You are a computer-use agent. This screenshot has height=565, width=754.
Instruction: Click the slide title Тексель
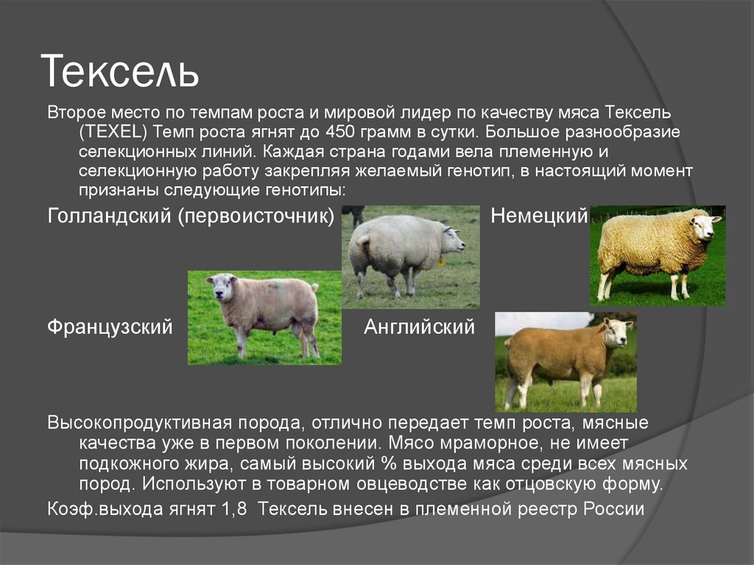tap(120, 71)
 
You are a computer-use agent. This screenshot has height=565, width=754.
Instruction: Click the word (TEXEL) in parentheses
tap(113, 132)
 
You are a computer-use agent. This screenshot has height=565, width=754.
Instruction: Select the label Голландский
tap(109, 216)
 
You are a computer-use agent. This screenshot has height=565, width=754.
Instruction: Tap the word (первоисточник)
tap(256, 216)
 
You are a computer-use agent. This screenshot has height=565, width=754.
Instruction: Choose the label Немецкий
tap(539, 216)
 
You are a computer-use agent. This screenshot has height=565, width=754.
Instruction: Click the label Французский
tap(110, 327)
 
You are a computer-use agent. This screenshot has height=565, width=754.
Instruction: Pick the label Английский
tap(419, 327)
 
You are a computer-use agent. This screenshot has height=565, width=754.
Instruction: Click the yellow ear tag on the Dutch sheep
tap(440, 262)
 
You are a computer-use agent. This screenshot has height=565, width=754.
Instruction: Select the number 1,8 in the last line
tap(234, 509)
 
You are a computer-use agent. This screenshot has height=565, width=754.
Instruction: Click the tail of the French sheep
tap(314, 288)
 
